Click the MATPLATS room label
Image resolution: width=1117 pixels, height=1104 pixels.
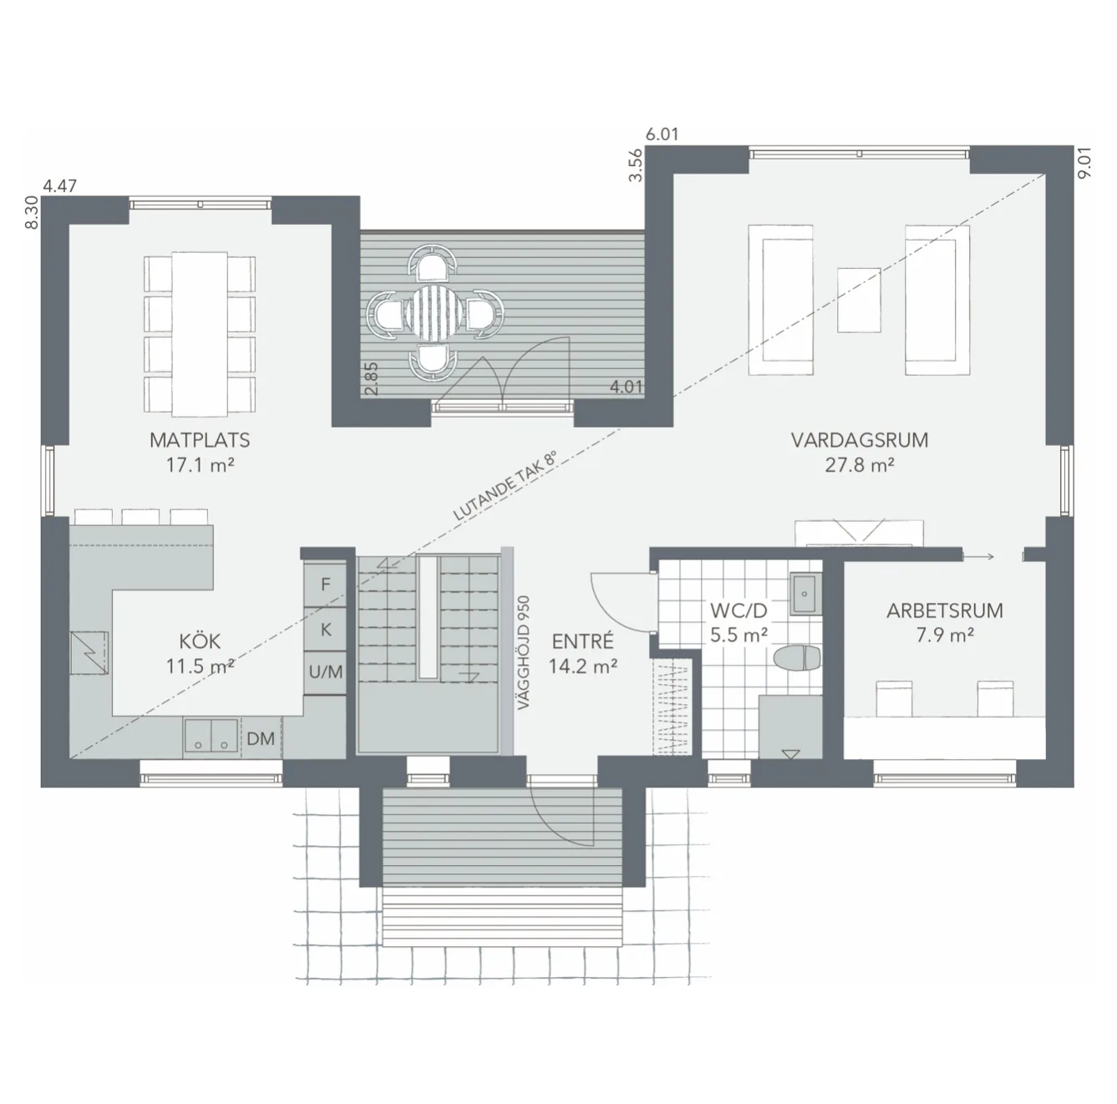[x=200, y=439]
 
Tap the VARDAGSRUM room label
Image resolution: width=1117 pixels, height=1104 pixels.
[x=860, y=439]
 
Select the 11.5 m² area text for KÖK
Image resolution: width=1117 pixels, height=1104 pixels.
[x=200, y=666]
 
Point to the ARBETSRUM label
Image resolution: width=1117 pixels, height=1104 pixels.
[x=945, y=610]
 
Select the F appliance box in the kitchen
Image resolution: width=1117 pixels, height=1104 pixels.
[x=326, y=585]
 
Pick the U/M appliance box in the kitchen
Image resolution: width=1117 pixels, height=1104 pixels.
[x=326, y=671]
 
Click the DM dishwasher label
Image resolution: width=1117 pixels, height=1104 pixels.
[x=261, y=738]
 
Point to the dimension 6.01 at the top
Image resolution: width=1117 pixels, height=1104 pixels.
[x=662, y=134]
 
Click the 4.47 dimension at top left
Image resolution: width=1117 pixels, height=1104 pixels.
[x=60, y=185]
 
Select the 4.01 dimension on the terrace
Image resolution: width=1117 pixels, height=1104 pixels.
[x=627, y=387]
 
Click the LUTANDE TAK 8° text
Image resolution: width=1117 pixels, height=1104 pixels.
[x=505, y=488]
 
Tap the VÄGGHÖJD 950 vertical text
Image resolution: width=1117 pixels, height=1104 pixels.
[x=523, y=652]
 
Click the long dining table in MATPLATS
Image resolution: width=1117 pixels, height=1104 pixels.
[x=200, y=333]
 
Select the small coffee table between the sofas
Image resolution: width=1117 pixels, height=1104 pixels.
[x=859, y=299]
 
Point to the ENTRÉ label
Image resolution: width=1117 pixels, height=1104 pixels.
[x=582, y=641]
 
